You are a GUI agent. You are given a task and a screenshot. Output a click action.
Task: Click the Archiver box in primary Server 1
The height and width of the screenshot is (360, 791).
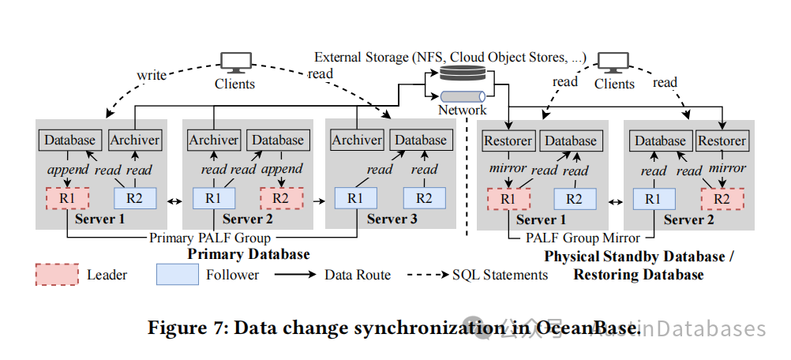tap(135, 140)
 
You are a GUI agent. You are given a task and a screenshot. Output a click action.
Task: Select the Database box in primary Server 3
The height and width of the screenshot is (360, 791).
tap(421, 141)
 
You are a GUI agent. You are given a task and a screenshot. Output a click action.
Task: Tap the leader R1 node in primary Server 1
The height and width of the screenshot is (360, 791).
tap(67, 198)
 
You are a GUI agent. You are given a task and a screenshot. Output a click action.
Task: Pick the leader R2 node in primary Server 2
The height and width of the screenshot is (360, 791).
tap(282, 198)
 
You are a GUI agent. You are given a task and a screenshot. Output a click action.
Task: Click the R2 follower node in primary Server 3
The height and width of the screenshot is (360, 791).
tap(424, 198)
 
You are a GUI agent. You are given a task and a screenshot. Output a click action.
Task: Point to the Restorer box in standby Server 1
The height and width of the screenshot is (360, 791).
tap(508, 141)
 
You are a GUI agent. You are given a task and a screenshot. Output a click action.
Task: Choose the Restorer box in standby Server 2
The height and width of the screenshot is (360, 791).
tap(722, 141)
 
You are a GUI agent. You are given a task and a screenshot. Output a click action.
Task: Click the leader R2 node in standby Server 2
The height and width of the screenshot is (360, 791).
tap(722, 199)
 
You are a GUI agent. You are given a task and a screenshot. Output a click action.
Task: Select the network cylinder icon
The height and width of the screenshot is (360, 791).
tap(463, 96)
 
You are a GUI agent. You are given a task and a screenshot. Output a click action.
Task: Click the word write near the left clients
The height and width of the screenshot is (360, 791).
tap(152, 75)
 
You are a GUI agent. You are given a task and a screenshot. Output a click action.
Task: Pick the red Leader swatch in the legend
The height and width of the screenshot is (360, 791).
tap(57, 274)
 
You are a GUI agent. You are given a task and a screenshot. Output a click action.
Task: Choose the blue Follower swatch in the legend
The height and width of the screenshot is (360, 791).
tap(177, 274)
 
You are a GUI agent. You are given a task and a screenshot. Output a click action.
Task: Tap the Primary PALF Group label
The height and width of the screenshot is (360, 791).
tap(210, 238)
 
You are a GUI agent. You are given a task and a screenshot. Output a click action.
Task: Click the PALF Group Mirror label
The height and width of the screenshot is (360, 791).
tap(583, 238)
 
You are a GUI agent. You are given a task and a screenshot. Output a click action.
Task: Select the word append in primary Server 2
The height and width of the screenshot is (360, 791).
tap(282, 169)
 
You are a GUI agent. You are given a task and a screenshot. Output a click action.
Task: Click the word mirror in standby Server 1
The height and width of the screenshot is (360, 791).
tap(508, 168)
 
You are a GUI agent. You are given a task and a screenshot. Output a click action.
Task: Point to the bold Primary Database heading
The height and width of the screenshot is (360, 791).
tap(249, 254)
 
